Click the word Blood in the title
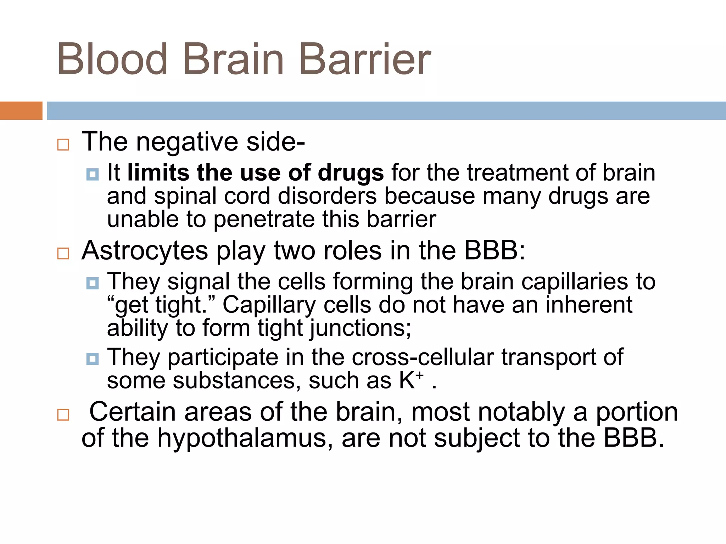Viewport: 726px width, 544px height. click(x=112, y=59)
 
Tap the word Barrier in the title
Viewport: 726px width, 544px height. click(x=365, y=59)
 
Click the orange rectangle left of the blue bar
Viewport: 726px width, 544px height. click(x=21, y=110)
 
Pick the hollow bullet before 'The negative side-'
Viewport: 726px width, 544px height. click(x=63, y=145)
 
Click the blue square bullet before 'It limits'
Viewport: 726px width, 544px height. click(x=93, y=174)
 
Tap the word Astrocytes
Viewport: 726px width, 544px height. click(x=145, y=251)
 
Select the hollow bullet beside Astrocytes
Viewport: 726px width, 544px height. click(x=63, y=254)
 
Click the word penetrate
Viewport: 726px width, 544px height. click(x=264, y=220)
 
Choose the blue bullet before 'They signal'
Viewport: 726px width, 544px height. click(x=93, y=283)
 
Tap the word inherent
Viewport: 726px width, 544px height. click(x=589, y=305)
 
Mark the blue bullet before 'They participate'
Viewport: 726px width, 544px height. click(x=93, y=359)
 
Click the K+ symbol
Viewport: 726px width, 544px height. click(x=411, y=380)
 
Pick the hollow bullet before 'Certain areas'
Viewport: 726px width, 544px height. click(x=63, y=414)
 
